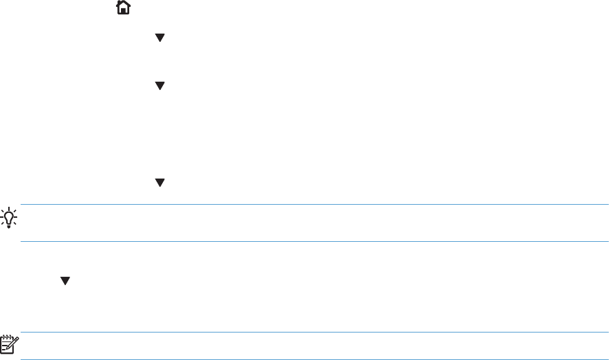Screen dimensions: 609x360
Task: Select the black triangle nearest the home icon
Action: coord(159,38)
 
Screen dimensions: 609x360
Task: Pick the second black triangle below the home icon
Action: coord(159,86)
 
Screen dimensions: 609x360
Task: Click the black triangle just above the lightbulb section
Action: coord(159,182)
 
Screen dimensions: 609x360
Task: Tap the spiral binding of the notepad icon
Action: coord(10,336)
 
